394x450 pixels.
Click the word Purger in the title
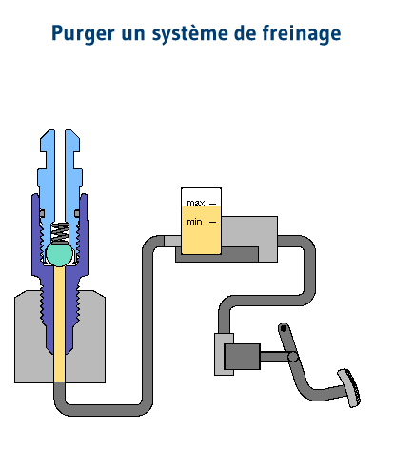pyautogui.click(x=83, y=33)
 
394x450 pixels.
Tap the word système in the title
pyautogui.click(x=189, y=33)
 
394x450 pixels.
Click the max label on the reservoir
pyautogui.click(x=196, y=203)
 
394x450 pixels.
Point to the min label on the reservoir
pyautogui.click(x=194, y=222)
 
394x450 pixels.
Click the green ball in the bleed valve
pyautogui.click(x=59, y=254)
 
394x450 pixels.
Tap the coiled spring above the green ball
pyautogui.click(x=60, y=233)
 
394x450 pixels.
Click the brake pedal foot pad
pyautogui.click(x=349, y=387)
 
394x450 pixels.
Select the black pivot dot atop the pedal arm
pyautogui.click(x=284, y=328)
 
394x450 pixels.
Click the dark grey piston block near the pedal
pyautogui.click(x=243, y=357)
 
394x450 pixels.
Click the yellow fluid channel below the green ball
pyautogui.click(x=60, y=323)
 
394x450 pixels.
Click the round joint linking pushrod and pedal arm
pyautogui.click(x=293, y=357)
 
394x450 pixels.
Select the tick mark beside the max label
pyautogui.click(x=213, y=204)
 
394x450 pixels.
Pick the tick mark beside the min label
pyautogui.click(x=213, y=222)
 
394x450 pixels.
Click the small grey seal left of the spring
pyautogui.click(x=42, y=213)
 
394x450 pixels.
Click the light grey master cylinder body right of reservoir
pyautogui.click(x=250, y=231)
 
